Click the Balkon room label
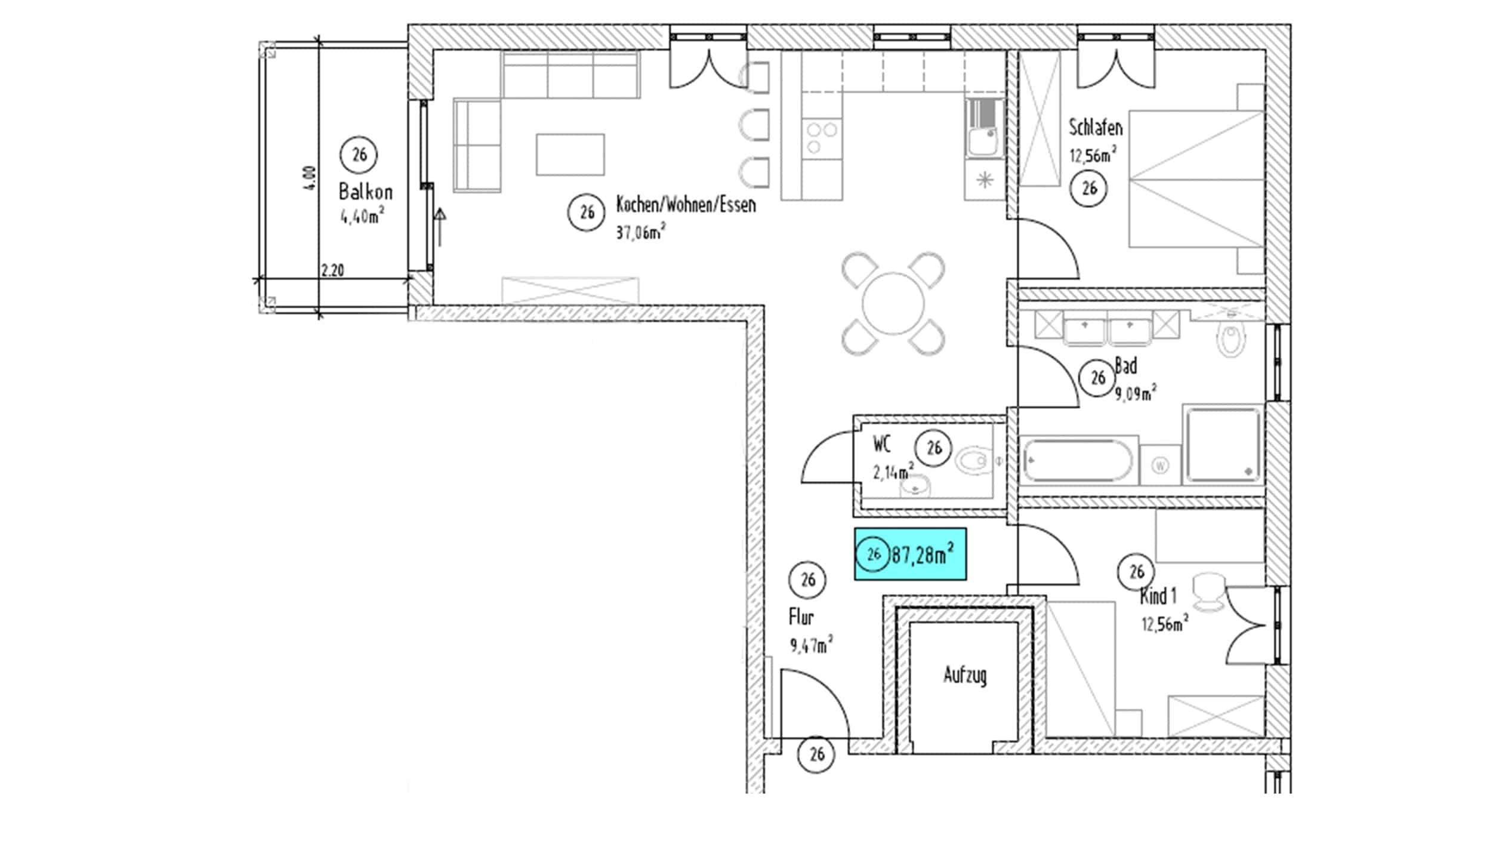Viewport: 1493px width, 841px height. tap(366, 192)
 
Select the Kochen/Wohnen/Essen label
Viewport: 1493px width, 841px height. tap(686, 205)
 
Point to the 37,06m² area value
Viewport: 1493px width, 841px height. tap(641, 231)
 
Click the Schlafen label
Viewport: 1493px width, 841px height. tap(1096, 127)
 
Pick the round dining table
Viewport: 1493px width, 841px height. tap(893, 304)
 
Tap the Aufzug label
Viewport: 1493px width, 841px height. tap(965, 676)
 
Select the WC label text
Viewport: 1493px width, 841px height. tap(882, 444)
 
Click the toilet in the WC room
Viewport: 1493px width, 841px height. tap(974, 461)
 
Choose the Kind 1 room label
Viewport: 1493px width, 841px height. tap(1158, 596)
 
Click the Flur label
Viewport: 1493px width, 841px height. tap(801, 617)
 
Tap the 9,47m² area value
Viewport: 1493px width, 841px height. tap(812, 645)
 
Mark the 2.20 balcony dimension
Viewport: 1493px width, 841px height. tap(332, 270)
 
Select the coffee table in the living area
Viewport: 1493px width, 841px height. tap(570, 155)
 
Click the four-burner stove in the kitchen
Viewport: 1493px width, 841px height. tap(822, 138)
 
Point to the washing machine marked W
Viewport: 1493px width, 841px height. tap(1160, 465)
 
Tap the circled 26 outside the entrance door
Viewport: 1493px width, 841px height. tap(817, 755)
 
